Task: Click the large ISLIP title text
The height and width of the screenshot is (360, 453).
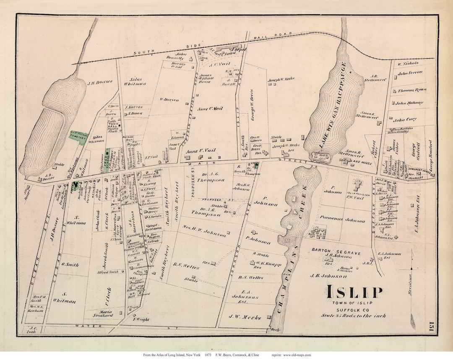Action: tap(354, 292)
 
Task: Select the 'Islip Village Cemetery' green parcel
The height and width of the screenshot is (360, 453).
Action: tap(79, 137)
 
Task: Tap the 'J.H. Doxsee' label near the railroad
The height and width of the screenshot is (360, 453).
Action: tap(98, 83)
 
